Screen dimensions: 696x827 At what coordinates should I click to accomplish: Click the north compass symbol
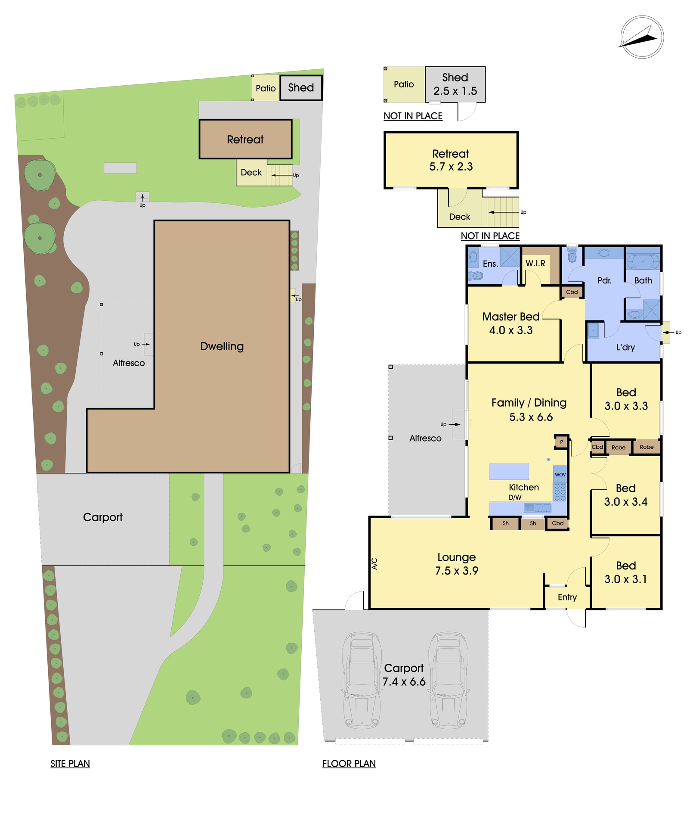[x=642, y=37]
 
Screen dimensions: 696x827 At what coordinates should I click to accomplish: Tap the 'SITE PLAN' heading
[x=70, y=764]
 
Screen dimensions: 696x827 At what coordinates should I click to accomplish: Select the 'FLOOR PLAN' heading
[x=349, y=764]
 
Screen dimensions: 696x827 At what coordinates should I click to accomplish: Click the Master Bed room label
[x=511, y=317]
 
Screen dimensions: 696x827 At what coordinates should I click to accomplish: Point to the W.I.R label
[x=535, y=263]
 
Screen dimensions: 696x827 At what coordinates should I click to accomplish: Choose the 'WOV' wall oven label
[x=560, y=475]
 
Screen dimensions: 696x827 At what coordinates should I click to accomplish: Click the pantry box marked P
[x=561, y=442]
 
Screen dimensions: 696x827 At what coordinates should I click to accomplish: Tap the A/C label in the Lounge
[x=374, y=564]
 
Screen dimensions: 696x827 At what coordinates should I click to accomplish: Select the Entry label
[x=567, y=597]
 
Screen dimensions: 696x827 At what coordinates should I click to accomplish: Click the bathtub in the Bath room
[x=643, y=261]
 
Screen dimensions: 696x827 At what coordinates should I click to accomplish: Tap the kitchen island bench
[x=509, y=472]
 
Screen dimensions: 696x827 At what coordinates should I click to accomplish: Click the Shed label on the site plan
[x=301, y=88]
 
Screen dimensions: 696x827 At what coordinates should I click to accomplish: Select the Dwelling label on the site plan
[x=222, y=347]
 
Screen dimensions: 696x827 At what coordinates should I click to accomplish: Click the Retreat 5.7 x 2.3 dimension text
[x=451, y=167]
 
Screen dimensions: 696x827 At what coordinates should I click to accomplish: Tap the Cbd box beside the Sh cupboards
[x=558, y=523]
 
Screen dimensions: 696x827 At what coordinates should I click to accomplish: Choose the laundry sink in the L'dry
[x=594, y=331]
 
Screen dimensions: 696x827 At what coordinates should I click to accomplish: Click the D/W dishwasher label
[x=515, y=497]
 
